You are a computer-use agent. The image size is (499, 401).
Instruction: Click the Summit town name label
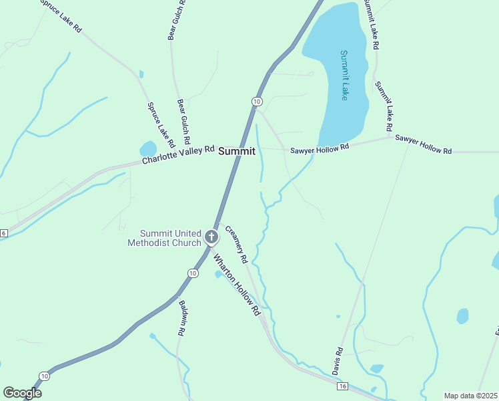237,152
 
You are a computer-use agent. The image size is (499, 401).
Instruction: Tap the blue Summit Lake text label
344,75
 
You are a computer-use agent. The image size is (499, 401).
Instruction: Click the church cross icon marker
211,237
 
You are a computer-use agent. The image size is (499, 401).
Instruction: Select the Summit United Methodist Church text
164,238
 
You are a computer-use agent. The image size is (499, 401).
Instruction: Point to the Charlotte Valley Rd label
178,155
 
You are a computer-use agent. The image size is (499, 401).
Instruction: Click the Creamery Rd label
237,244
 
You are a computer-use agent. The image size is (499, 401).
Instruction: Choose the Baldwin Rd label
181,317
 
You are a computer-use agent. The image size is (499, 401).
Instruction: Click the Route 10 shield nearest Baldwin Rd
193,273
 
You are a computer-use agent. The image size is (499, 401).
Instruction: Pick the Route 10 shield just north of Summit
256,101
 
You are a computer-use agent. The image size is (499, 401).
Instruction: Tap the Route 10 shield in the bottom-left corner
44,376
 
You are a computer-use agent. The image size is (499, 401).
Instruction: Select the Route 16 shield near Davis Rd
343,386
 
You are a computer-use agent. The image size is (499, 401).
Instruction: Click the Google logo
22,392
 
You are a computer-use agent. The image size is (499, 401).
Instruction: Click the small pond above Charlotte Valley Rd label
147,148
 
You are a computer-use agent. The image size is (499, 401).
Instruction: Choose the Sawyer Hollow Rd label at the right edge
423,144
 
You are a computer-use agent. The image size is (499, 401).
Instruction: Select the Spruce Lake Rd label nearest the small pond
161,124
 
